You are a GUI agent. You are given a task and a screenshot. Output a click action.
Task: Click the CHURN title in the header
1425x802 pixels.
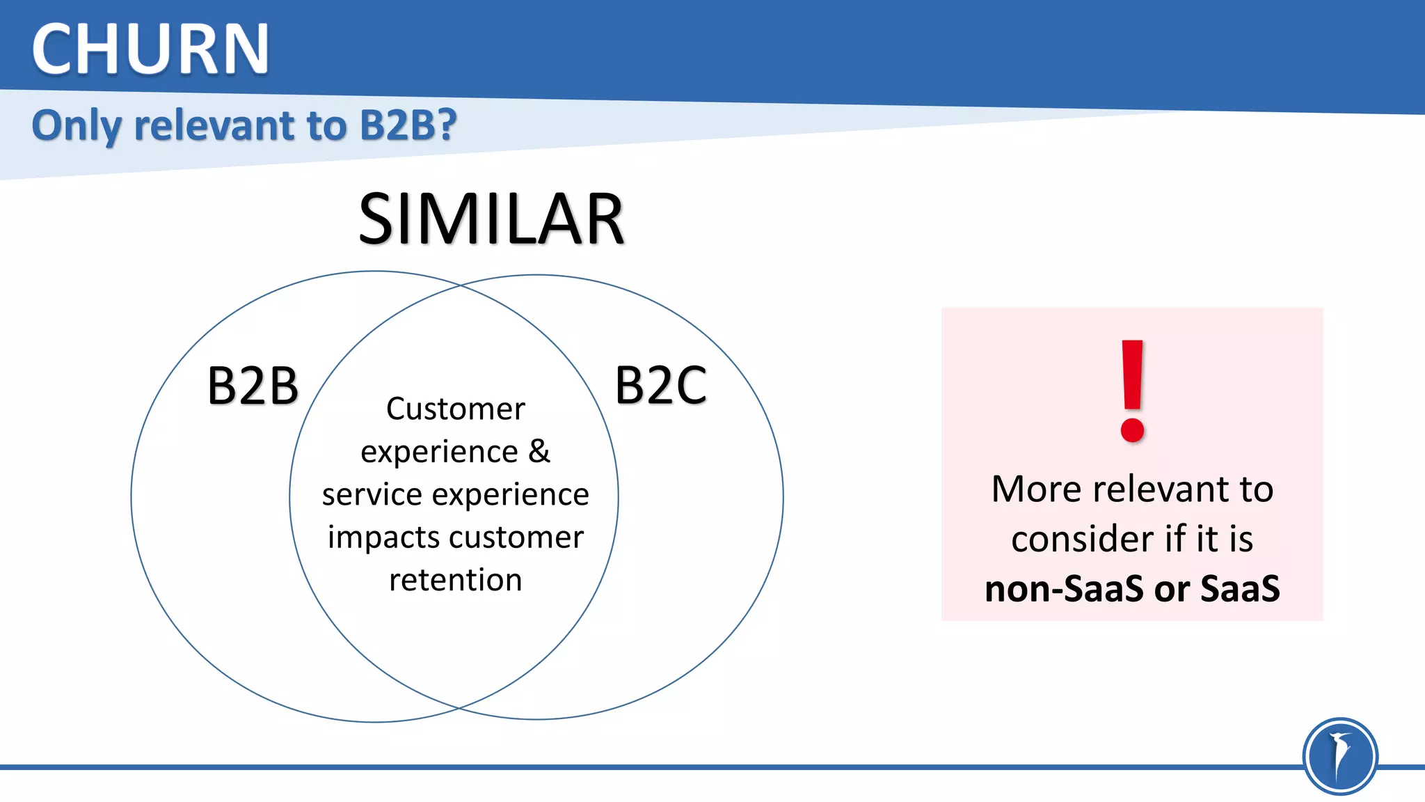150,49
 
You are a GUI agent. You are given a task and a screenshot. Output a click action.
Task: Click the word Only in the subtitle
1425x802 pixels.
77,126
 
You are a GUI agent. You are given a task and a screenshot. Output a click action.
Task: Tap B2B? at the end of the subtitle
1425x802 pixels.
408,125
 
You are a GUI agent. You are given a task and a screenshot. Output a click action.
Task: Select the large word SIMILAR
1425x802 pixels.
491,219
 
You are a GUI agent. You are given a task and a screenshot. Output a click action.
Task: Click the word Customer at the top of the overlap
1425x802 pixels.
456,409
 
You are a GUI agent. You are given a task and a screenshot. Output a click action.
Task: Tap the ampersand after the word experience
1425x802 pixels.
539,451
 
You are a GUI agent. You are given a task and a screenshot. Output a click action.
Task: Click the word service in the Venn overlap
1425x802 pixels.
372,494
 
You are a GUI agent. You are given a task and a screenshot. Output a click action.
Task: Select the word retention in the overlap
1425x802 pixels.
456,580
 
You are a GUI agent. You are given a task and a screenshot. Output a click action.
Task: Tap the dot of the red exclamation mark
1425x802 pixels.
1133,430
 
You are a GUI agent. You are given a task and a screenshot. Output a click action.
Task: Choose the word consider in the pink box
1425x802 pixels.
1082,539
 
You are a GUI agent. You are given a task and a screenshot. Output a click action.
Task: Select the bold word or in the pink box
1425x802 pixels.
1172,589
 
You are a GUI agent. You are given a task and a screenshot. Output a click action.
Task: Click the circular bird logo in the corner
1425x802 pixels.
1339,756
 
